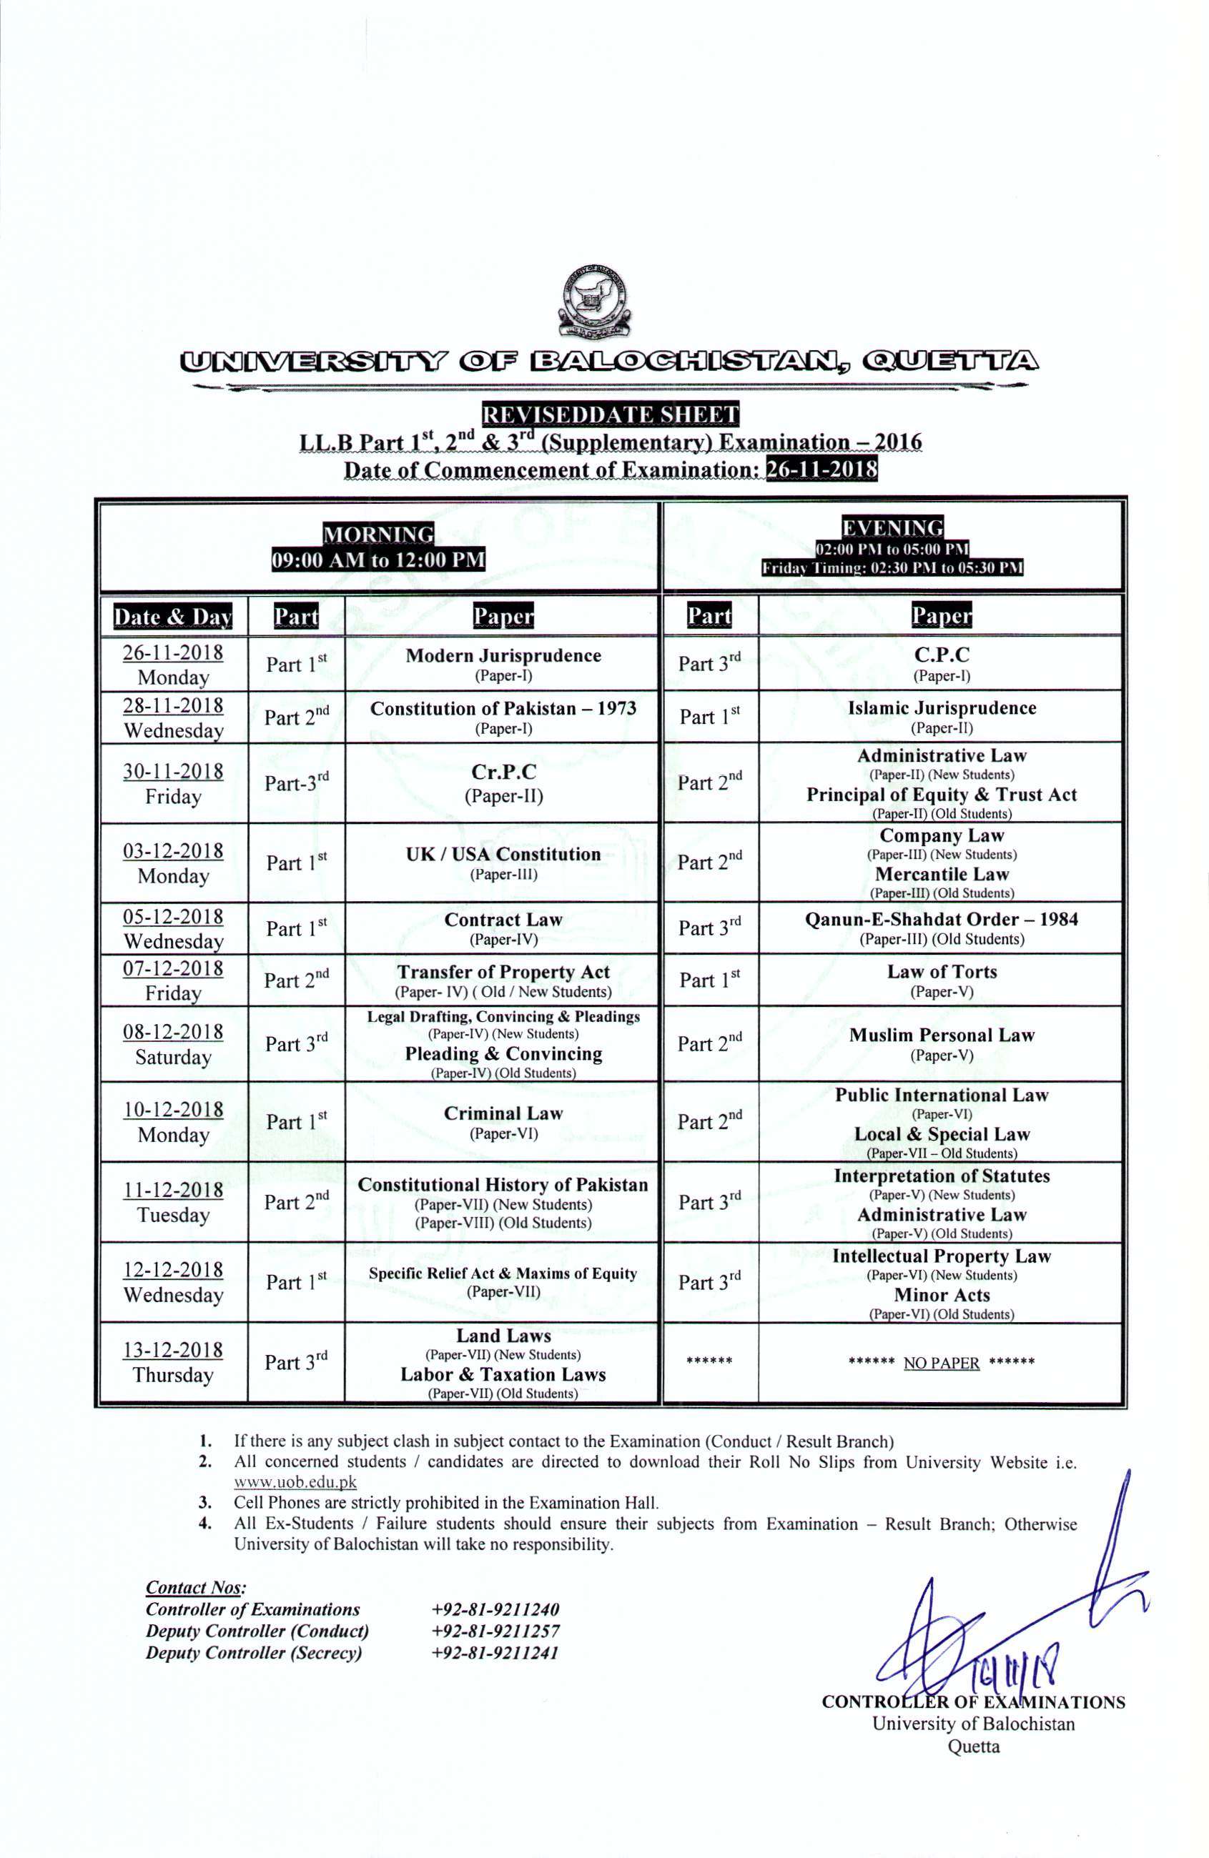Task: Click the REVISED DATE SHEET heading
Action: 611,414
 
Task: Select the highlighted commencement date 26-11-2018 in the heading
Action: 822,470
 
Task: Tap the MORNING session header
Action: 378,534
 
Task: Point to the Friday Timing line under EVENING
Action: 892,567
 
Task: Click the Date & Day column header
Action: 174,617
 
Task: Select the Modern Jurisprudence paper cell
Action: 503,664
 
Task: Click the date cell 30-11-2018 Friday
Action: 174,783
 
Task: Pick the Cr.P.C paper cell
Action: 503,783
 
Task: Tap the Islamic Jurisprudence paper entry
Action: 941,716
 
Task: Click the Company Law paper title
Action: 941,836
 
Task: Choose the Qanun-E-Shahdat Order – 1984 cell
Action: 941,928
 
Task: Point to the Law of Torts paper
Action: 941,980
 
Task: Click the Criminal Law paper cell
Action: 503,1121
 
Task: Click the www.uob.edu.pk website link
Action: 295,1481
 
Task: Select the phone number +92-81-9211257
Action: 494,1631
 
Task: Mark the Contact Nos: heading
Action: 195,1587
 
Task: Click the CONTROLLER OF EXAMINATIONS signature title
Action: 973,1702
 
